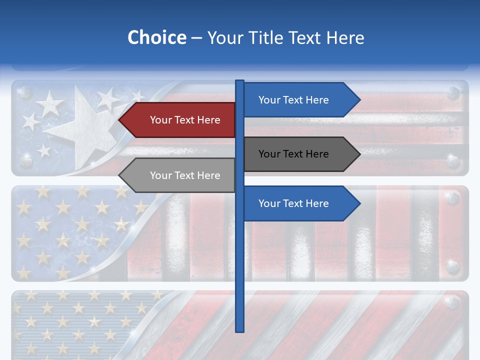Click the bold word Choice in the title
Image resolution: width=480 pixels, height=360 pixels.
coord(156,37)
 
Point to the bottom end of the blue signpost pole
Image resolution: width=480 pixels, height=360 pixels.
coord(240,329)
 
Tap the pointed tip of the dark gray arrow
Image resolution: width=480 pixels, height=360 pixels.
coord(359,154)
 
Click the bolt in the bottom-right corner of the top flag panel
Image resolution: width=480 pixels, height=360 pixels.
coord(452,161)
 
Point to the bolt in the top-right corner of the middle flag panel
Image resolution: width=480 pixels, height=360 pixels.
coord(452,198)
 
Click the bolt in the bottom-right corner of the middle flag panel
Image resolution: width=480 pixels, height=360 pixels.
coord(452,266)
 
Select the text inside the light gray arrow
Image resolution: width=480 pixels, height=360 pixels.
coord(185,175)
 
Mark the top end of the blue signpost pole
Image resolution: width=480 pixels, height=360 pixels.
coord(240,81)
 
